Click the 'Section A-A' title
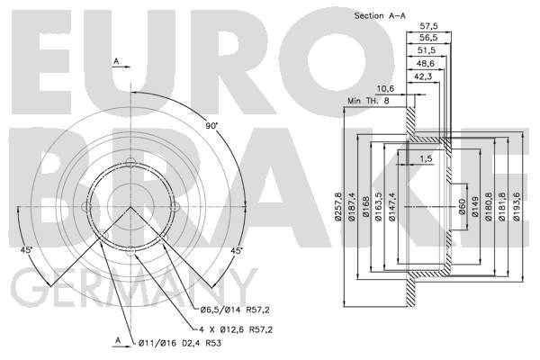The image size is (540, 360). tap(380, 16)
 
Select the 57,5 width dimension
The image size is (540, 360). tap(428, 26)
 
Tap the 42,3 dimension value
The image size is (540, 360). tap(423, 76)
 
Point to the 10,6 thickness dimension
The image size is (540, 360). tap(385, 89)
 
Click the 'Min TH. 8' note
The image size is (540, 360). tap(368, 102)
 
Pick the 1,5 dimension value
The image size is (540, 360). tap(426, 158)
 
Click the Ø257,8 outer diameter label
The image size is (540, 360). tap(337, 206)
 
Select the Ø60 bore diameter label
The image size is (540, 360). tap(463, 206)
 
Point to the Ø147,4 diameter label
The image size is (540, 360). tap(392, 206)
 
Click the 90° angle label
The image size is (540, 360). tap(211, 126)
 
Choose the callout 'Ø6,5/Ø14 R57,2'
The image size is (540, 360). tap(235, 310)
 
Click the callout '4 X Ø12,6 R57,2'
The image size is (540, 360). tap(236, 329)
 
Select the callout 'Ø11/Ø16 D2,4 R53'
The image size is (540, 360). tap(180, 343)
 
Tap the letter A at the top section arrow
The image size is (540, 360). tap(116, 61)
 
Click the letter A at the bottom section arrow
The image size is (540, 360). tap(118, 340)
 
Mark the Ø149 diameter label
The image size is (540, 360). tap(475, 206)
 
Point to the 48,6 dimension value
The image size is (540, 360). tap(426, 64)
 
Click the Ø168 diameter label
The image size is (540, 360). tap(365, 207)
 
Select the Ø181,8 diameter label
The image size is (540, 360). tap(501, 206)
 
